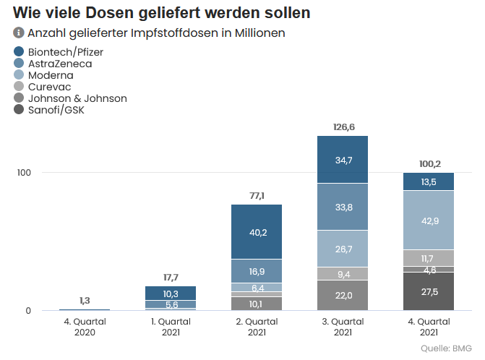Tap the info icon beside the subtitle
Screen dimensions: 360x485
click(19, 33)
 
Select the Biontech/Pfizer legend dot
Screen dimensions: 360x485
click(19, 52)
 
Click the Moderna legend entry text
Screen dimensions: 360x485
click(50, 75)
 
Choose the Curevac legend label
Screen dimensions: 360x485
click(49, 87)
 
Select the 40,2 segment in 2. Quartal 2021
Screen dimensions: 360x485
click(257, 232)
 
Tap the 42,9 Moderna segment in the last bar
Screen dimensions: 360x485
click(429, 220)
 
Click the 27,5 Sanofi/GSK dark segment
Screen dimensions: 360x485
click(429, 291)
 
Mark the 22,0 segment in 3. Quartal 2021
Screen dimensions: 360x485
click(343, 296)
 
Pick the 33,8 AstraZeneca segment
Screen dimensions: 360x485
click(343, 207)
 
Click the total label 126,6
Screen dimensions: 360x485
click(343, 127)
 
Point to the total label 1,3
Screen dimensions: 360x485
click(85, 301)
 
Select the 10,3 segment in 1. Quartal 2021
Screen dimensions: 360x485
click(171, 293)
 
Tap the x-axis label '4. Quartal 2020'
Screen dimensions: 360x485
click(84, 327)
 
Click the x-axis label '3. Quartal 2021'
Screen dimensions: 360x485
click(343, 327)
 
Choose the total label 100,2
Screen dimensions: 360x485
click(429, 164)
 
